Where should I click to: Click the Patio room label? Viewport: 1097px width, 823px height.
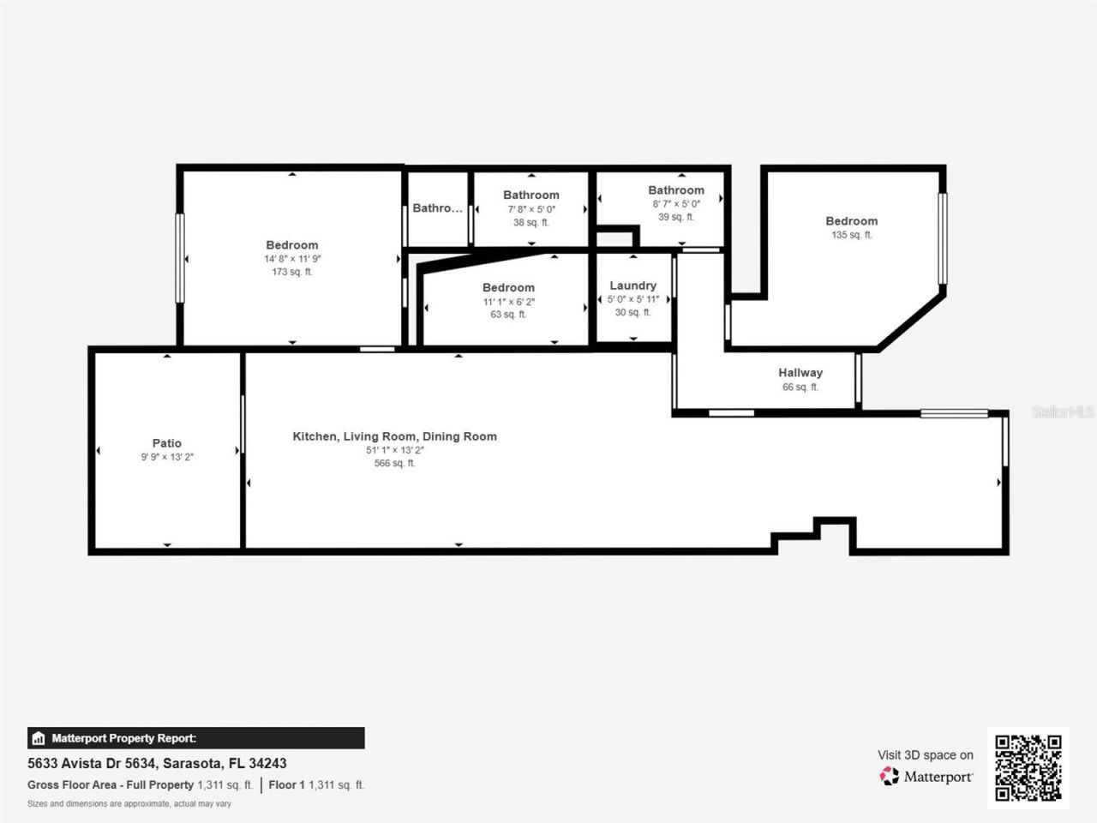[166, 443]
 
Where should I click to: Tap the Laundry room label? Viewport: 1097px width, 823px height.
[632, 285]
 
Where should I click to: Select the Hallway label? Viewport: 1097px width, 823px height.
[800, 373]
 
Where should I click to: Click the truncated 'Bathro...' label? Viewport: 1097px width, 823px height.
[437, 208]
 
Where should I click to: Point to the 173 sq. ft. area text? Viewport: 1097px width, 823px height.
[291, 272]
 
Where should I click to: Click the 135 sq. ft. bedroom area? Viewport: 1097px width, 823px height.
[851, 235]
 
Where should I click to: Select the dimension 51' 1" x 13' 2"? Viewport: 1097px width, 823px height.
[394, 450]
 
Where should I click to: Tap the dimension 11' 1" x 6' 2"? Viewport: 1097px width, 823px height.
[508, 302]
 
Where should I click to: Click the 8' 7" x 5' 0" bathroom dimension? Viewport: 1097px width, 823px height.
[676, 204]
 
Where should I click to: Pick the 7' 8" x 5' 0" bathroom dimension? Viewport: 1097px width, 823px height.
[531, 209]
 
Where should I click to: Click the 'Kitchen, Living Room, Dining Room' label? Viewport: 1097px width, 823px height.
[394, 436]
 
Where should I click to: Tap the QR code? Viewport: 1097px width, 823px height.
[1028, 767]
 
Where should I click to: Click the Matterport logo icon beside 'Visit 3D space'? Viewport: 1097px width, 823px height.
[889, 777]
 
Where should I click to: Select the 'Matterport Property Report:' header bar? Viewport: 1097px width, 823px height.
[195, 738]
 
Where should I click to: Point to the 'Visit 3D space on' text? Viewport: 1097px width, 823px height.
[925, 755]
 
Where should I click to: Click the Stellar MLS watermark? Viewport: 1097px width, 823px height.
[1062, 412]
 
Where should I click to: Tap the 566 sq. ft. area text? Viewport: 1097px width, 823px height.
[394, 464]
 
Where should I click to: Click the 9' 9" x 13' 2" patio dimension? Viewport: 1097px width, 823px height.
[166, 457]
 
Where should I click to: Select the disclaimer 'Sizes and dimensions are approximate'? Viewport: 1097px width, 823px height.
[129, 804]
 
